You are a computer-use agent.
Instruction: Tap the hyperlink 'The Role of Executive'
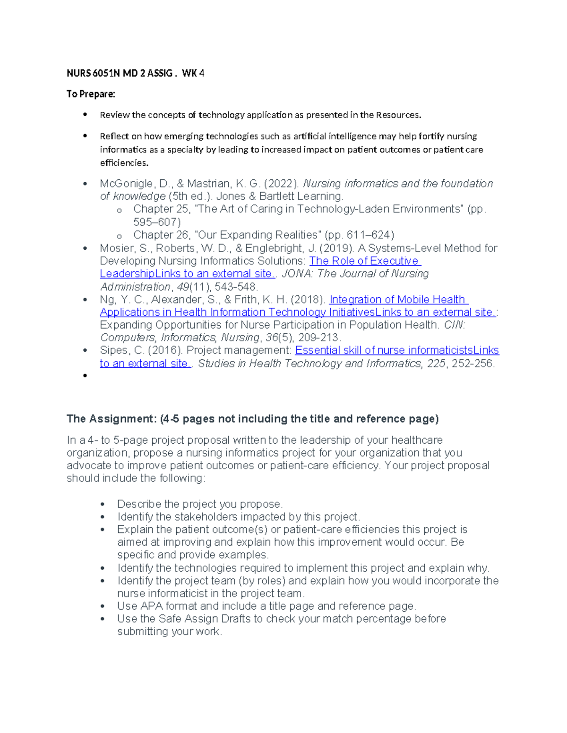tap(364, 261)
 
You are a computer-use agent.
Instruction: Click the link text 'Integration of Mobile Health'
tap(398, 300)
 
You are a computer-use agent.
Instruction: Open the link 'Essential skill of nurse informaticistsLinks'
tap(396, 351)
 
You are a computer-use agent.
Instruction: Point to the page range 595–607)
tap(157, 222)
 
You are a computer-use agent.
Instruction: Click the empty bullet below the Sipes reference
tap(85, 376)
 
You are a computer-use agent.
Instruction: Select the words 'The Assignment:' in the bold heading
tap(111, 419)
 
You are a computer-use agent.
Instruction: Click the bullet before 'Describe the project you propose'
tap(103, 505)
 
